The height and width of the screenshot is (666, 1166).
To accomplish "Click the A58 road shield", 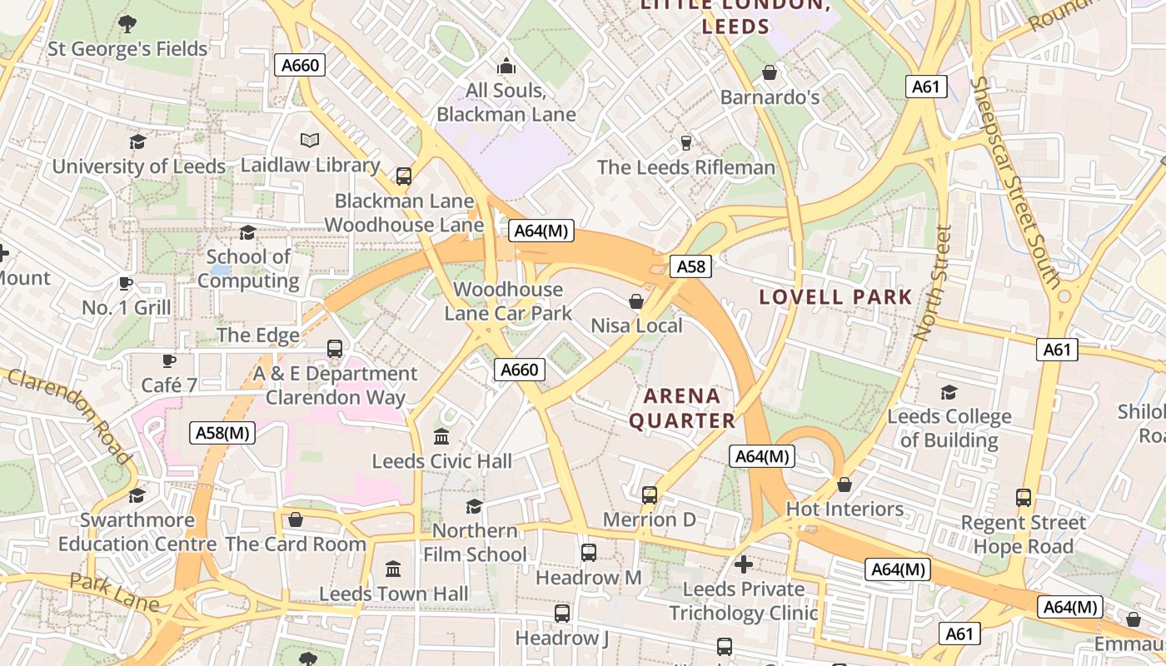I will [691, 266].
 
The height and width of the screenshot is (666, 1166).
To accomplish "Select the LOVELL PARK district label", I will [835, 297].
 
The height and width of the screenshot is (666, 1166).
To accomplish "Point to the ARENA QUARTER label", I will [682, 408].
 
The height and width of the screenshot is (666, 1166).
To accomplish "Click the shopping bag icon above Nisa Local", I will [636, 301].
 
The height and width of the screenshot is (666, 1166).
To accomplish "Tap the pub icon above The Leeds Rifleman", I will [686, 143].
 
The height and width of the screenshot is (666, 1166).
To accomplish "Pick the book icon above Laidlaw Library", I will [310, 140].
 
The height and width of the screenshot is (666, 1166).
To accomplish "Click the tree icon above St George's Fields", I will [127, 24].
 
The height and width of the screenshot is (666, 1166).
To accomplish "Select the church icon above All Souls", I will [506, 66].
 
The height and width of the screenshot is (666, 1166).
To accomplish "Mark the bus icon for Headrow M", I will [589, 552].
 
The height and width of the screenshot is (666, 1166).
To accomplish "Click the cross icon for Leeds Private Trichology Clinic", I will [744, 564].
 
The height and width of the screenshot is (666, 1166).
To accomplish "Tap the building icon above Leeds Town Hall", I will [393, 569].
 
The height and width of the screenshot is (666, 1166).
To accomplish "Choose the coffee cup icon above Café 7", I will [169, 360].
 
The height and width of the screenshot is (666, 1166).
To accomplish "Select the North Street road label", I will [932, 283].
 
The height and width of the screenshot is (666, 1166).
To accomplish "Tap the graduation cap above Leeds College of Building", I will [949, 392].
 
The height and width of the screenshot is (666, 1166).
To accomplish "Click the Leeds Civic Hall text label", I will [441, 461].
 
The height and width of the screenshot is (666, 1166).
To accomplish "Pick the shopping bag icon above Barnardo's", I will [770, 72].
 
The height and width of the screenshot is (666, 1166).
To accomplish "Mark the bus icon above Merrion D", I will [650, 495].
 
